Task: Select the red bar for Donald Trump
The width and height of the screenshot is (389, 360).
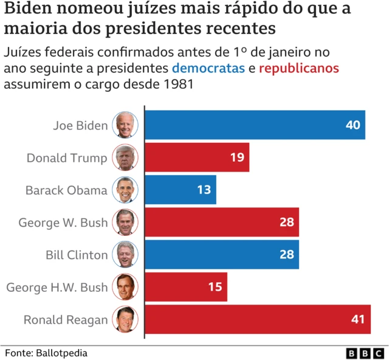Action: click(196, 157)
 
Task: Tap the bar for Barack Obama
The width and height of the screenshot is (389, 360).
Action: click(180, 190)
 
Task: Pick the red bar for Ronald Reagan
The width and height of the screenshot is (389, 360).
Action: click(257, 319)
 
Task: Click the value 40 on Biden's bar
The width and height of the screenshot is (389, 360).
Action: click(353, 125)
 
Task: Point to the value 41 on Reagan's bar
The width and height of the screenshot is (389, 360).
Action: click(358, 319)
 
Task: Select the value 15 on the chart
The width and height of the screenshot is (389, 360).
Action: click(215, 287)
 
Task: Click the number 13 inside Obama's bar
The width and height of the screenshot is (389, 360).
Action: click(204, 190)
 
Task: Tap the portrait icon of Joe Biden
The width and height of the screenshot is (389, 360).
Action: click(125, 125)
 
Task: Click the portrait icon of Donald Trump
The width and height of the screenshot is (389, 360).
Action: click(125, 157)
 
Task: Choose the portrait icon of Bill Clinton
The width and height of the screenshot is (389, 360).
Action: click(125, 255)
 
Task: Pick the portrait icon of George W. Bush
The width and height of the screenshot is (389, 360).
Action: click(125, 223)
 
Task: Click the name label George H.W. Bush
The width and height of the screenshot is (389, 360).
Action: click(57, 287)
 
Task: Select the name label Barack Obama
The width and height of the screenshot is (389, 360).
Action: click(66, 190)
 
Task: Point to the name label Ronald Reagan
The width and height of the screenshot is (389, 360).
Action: click(66, 319)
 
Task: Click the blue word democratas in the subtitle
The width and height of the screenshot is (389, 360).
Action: click(208, 68)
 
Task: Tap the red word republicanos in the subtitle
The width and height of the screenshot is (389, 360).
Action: click(299, 68)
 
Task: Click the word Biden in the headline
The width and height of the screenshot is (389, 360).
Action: click(30, 10)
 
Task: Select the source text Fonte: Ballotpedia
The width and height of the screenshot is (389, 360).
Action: click(46, 353)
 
